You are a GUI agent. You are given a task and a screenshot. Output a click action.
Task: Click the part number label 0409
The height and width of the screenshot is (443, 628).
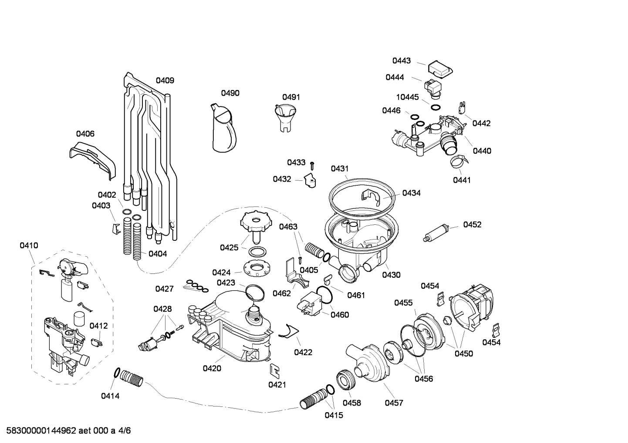165,80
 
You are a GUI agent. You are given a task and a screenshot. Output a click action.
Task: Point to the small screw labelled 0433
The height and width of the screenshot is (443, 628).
312,165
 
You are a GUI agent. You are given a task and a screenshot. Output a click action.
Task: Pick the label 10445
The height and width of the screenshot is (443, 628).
407,97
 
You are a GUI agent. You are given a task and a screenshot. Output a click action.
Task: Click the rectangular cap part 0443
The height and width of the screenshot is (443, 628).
439,68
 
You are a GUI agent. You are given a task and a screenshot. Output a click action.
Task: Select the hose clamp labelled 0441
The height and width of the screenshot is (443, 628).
459,163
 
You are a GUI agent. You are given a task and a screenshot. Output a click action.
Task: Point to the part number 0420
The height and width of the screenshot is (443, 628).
212,369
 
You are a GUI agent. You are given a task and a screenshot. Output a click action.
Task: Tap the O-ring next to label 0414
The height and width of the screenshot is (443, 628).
117,373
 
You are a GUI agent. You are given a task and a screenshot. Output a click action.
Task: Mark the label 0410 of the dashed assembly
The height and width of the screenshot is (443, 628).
29,246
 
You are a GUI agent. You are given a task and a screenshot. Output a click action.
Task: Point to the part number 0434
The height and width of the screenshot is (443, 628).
411,193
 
